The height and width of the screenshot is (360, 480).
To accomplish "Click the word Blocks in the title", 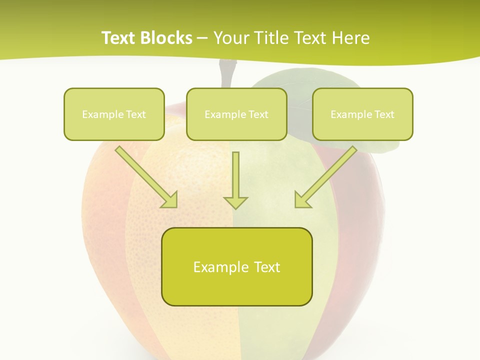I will [x=167, y=38].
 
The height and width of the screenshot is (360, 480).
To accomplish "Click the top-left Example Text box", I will [x=114, y=114].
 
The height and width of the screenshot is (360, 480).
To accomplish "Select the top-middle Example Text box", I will [x=236, y=114].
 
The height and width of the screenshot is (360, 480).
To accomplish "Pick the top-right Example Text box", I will [x=362, y=114].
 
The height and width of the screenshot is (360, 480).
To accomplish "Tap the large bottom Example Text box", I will [x=236, y=266].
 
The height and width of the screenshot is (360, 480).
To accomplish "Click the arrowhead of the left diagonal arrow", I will [x=170, y=200].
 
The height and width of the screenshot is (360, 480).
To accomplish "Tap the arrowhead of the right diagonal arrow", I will [x=302, y=200].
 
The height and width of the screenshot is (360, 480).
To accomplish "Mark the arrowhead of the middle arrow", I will [x=235, y=202].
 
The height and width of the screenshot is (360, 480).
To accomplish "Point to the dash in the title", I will [x=202, y=38].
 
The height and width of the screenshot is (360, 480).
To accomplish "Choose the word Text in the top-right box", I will [x=383, y=114].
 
